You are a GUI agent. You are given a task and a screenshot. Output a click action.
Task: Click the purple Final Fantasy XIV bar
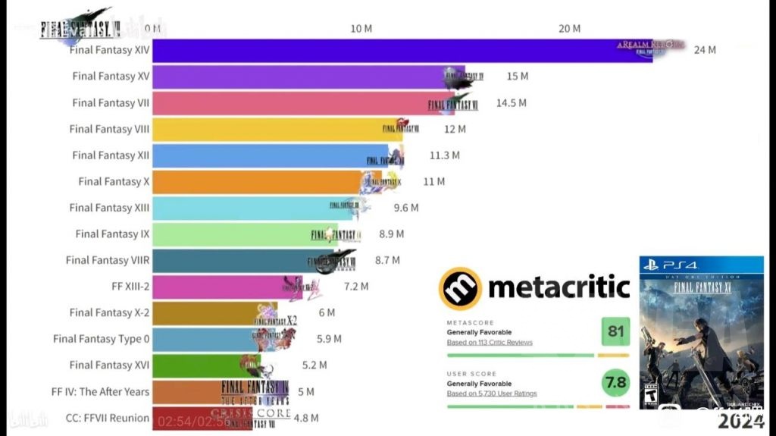pyautogui.click(x=379, y=51)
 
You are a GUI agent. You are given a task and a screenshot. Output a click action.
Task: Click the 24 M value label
pyautogui.click(x=705, y=50)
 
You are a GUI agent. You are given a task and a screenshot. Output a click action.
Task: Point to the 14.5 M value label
pyautogui.click(x=512, y=102)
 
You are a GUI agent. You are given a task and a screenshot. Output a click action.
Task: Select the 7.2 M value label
pyautogui.click(x=356, y=287)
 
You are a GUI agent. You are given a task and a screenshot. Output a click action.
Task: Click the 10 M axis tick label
pyautogui.click(x=361, y=29)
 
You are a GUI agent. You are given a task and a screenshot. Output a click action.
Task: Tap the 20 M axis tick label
pyautogui.click(x=569, y=29)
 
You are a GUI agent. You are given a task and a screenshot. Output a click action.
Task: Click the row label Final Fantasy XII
pyautogui.click(x=111, y=155)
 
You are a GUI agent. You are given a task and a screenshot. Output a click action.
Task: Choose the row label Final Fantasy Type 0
pyautogui.click(x=101, y=339)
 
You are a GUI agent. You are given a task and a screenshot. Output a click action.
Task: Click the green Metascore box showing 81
pyautogui.click(x=615, y=331)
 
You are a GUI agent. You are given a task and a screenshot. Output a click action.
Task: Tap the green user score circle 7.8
pyautogui.click(x=615, y=383)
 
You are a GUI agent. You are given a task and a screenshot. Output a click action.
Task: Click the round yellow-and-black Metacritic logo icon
pyautogui.click(x=459, y=288)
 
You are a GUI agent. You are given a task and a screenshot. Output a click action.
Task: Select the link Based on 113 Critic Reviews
pyautogui.click(x=490, y=343)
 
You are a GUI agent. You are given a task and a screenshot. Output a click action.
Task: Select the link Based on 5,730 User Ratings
pyautogui.click(x=492, y=394)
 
